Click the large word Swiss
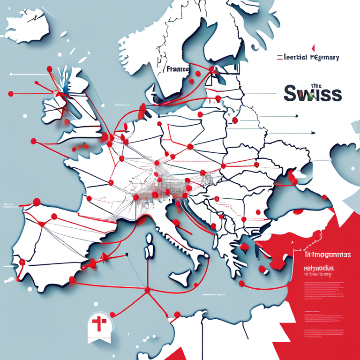click(313, 93)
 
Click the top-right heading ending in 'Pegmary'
click(307, 57)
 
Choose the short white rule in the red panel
click(312, 311)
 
